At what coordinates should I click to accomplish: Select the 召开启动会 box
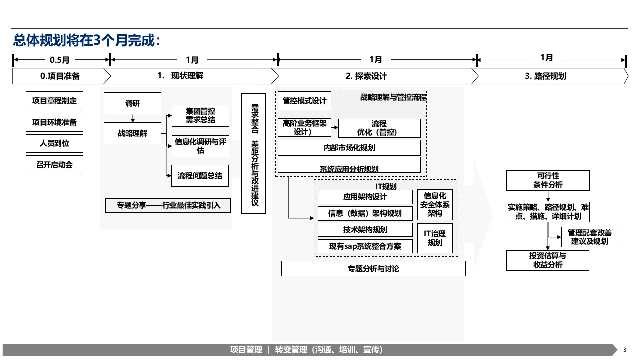click(55, 165)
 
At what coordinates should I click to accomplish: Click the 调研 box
click(133, 103)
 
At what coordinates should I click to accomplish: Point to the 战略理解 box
click(133, 133)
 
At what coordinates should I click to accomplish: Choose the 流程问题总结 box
click(200, 176)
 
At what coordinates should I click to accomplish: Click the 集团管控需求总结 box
click(200, 116)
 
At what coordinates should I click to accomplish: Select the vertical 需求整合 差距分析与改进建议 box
click(253, 153)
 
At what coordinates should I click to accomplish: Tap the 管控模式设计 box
click(304, 101)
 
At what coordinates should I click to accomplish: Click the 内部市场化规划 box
click(349, 148)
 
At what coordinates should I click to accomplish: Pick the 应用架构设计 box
click(365, 197)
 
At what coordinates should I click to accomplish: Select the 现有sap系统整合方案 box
click(365, 246)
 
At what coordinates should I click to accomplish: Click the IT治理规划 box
click(435, 238)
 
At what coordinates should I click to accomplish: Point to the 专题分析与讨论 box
click(373, 269)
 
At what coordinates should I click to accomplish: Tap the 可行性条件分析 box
click(548, 180)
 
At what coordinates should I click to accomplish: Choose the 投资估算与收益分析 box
click(548, 260)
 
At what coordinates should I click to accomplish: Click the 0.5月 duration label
click(60, 60)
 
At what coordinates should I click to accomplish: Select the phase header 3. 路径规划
click(545, 76)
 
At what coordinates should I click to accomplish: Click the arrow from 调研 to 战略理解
click(133, 118)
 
